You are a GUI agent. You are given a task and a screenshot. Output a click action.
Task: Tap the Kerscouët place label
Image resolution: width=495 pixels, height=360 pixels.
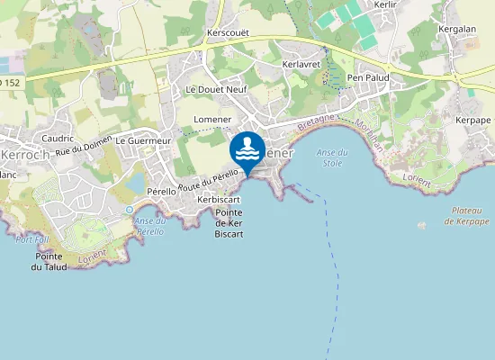pos(227,32)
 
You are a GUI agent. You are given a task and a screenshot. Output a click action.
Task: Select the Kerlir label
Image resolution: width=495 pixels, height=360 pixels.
pos(385,4)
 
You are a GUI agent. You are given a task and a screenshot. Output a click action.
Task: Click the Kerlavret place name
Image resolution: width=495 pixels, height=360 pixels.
pos(300,65)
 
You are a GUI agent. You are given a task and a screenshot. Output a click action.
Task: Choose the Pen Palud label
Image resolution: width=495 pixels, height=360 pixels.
pos(367,77)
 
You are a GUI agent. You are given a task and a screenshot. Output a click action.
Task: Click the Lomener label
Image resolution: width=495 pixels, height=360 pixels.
pos(212,120)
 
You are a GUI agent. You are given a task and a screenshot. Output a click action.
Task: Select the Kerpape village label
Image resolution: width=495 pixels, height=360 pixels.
pos(473,120)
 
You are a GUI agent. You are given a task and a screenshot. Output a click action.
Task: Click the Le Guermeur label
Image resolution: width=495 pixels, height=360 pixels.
pos(143,141)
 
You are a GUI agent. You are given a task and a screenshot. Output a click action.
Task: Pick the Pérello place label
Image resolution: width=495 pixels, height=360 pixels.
pos(161,192)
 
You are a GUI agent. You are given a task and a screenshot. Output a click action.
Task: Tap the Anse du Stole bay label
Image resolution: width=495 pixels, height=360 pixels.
pos(332,158)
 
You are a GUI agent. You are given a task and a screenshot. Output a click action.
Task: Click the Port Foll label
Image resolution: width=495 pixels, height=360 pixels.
pos(31,239)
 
